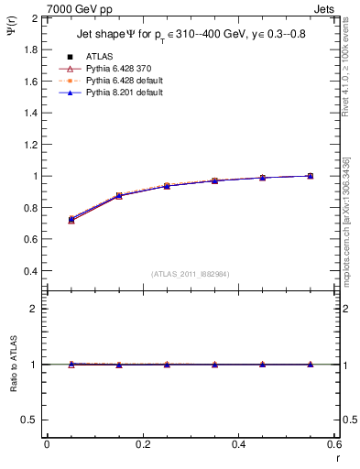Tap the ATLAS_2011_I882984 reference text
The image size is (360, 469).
pyautogui.click(x=191, y=275)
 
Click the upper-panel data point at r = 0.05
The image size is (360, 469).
pyautogui.click(x=71, y=220)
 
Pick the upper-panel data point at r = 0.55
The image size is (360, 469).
pyautogui.click(x=311, y=176)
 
